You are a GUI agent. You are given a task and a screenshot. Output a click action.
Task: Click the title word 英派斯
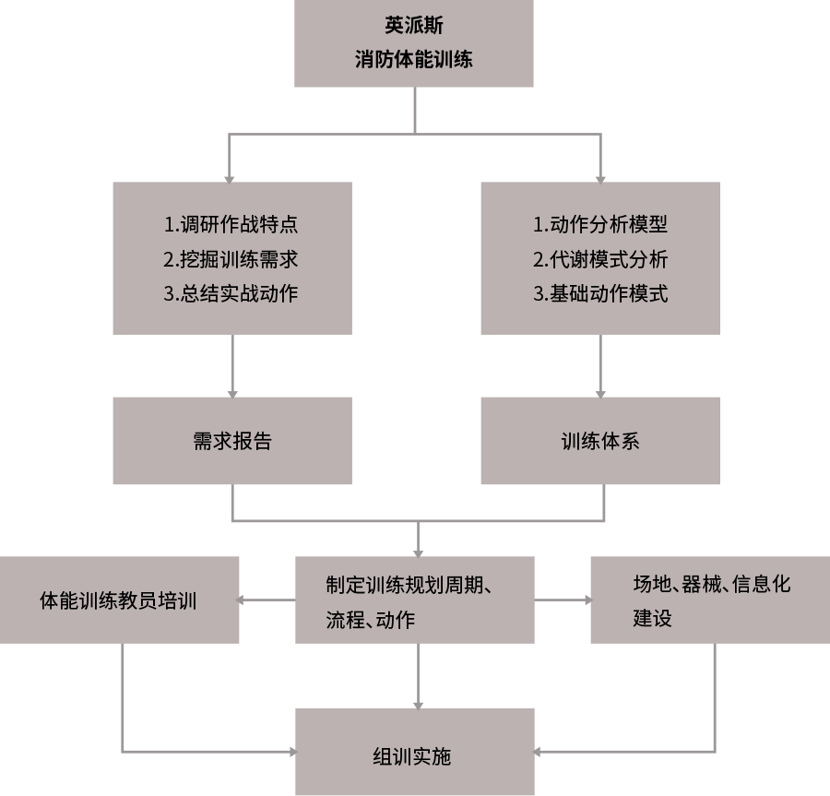pyautogui.click(x=413, y=25)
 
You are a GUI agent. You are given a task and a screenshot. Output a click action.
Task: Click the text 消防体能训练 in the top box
pyautogui.click(x=413, y=60)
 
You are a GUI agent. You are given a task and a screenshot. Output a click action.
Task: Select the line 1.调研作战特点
pyautogui.click(x=231, y=224)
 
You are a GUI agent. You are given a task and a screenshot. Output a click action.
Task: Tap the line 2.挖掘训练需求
pyautogui.click(x=231, y=259)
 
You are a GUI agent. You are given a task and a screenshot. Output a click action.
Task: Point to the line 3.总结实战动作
pyautogui.click(x=231, y=294)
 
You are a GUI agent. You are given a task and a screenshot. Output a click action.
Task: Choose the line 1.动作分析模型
pyautogui.click(x=599, y=224)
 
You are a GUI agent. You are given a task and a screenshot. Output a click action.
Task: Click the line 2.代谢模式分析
pyautogui.click(x=599, y=259)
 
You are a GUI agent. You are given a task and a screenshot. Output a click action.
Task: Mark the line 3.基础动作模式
pyautogui.click(x=599, y=294)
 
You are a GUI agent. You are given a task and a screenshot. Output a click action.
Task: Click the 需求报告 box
pyautogui.click(x=232, y=441)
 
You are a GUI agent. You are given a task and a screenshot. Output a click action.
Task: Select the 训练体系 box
pyautogui.click(x=600, y=441)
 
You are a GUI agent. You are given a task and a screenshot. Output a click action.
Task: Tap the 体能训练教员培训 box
pyautogui.click(x=119, y=600)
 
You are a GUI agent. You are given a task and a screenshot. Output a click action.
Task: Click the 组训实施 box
pyautogui.click(x=413, y=756)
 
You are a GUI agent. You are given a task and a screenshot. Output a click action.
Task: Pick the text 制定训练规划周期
pyautogui.click(x=409, y=585)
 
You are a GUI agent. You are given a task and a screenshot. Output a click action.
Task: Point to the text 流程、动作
pyautogui.click(x=370, y=619)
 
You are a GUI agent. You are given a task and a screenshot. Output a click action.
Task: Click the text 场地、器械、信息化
pyautogui.click(x=711, y=584)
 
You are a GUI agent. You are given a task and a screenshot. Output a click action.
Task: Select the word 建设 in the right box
pyautogui.click(x=652, y=618)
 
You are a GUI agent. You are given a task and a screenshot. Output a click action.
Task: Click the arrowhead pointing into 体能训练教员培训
pyautogui.click(x=242, y=600)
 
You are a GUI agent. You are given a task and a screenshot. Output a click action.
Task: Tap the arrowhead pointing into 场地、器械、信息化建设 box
pyautogui.click(x=587, y=600)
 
